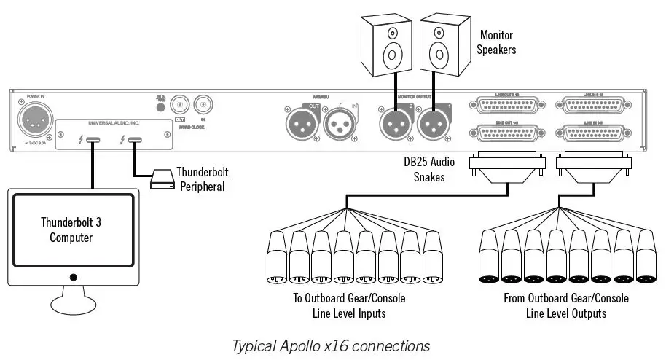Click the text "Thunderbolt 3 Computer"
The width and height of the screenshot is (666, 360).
(70, 230)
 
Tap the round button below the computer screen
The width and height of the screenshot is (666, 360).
(72, 277)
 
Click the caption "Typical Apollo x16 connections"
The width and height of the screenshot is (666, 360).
(330, 344)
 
